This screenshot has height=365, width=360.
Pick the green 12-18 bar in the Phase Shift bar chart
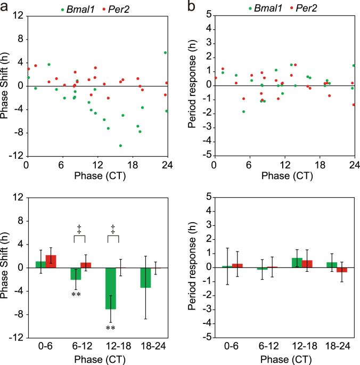pyautogui.click(x=110, y=288)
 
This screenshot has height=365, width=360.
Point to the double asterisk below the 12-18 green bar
pyautogui.click(x=110, y=328)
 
